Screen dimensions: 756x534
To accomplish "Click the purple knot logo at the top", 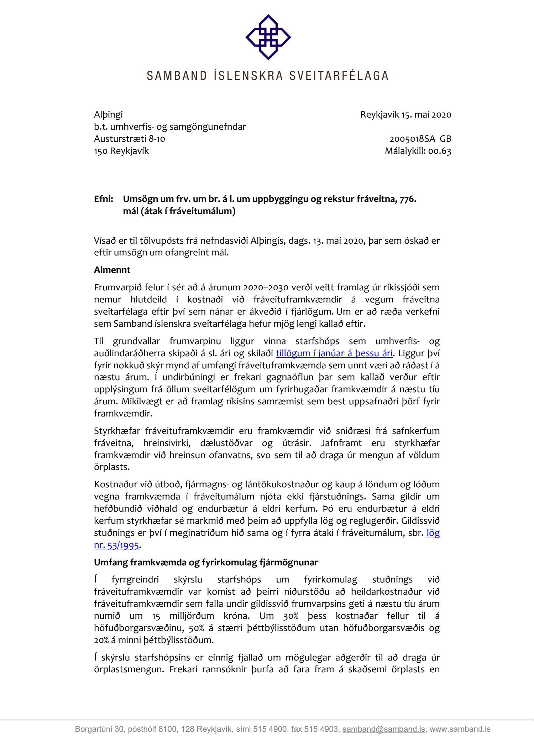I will coord(268,37).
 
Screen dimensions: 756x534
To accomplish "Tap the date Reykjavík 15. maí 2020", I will coord(405,115).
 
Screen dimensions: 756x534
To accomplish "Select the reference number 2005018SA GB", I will coord(420,139).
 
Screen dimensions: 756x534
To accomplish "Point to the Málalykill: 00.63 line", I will coord(418,151).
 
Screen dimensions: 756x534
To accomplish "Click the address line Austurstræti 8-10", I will coord(130,139).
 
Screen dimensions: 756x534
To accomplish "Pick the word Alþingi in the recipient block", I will coord(108,115).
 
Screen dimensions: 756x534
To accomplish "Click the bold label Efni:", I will coord(104,199).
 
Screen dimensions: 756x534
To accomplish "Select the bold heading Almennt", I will coord(112,270).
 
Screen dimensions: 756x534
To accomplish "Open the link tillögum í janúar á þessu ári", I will coord(334,353).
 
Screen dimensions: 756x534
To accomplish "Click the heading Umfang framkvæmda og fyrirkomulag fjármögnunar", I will coord(206,563).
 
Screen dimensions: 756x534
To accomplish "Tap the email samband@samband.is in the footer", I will coord(383,729).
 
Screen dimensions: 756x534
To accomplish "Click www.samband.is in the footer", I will coord(460,729).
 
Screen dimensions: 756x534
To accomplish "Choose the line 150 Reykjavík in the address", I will coord(121,151).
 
